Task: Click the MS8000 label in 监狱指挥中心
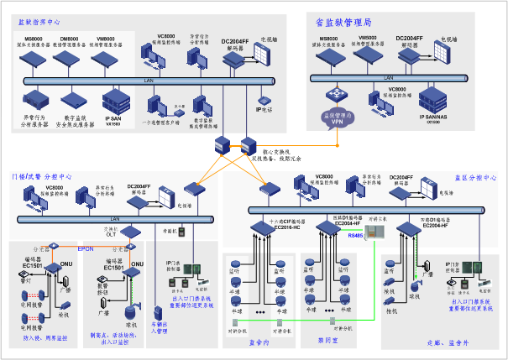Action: tap(34, 39)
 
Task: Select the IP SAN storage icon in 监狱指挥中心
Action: tap(113, 102)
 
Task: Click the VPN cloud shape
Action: tap(339, 118)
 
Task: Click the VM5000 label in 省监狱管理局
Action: tap(368, 38)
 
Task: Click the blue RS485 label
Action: tap(356, 236)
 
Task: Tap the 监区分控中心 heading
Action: tap(476, 178)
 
